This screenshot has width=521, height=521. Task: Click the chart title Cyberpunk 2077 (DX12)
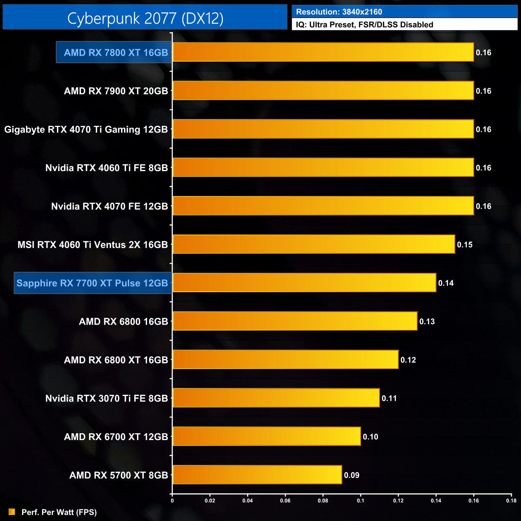[145, 18]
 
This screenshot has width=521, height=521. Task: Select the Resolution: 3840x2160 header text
[339, 12]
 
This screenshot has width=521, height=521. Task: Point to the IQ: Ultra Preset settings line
[364, 25]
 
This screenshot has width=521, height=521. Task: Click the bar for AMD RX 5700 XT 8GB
[257, 475]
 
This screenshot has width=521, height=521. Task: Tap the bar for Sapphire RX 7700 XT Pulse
[304, 283]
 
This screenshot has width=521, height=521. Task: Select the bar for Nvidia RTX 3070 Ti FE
[276, 398]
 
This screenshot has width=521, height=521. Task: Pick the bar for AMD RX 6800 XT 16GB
[285, 359]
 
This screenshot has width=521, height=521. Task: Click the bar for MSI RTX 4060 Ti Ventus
[314, 244]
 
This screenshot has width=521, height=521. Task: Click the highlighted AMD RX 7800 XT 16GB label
[116, 53]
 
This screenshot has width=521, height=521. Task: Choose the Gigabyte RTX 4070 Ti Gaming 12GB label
[86, 129]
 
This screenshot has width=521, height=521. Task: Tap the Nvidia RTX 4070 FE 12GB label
[109, 206]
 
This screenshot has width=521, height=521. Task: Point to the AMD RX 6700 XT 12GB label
[116, 437]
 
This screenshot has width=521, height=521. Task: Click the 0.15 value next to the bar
[465, 245]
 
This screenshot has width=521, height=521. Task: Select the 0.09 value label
[351, 475]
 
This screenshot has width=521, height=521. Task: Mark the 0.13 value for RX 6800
[427, 321]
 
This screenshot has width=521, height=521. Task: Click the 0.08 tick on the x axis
[323, 501]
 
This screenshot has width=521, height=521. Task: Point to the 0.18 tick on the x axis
[511, 501]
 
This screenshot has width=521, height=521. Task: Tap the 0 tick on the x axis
[172, 501]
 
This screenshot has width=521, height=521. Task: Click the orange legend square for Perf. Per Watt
[12, 512]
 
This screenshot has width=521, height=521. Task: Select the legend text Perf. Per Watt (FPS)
[59, 512]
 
